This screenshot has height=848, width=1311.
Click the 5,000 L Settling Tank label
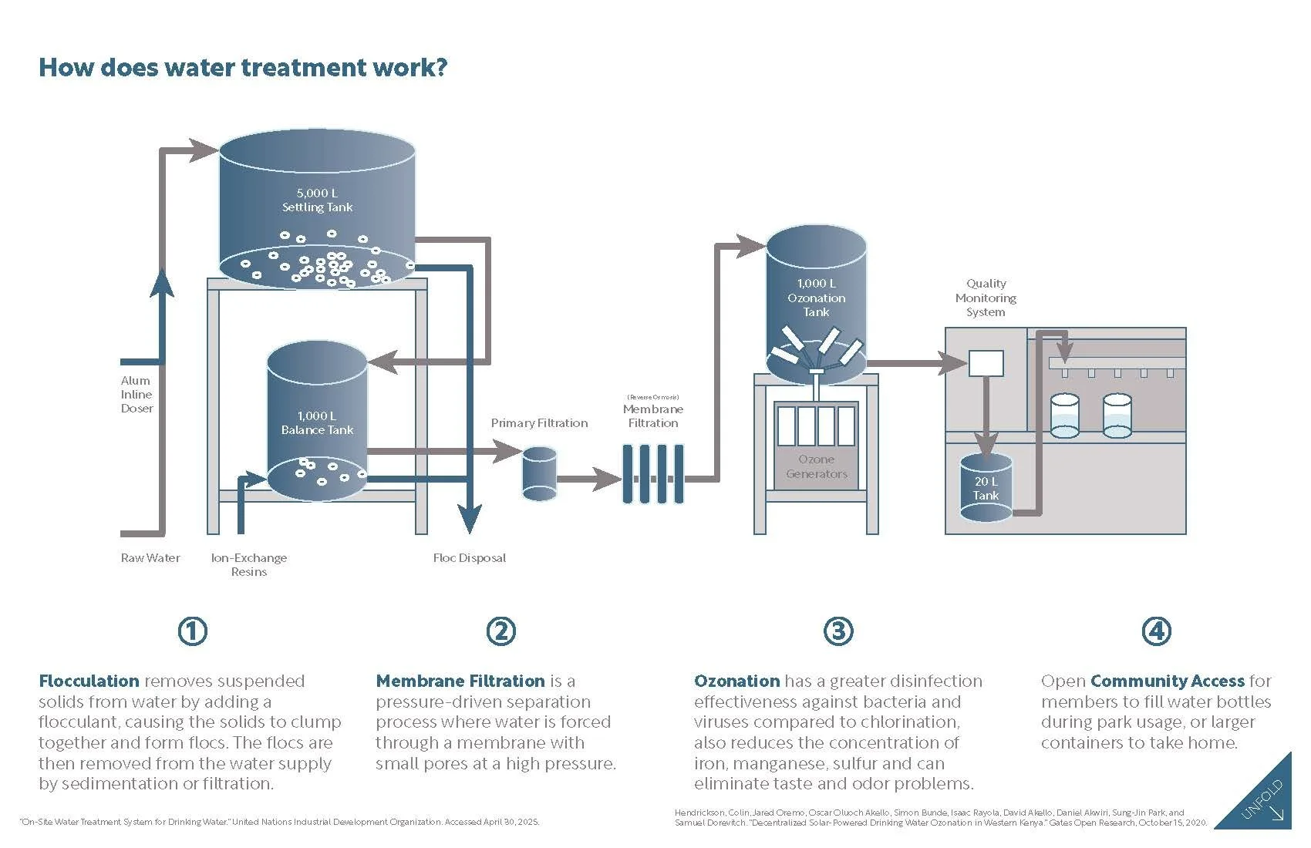click(x=317, y=200)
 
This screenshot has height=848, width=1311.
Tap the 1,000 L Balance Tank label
click(x=317, y=422)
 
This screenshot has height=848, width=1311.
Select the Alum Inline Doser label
click(x=137, y=395)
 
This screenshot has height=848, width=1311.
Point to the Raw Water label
click(x=150, y=557)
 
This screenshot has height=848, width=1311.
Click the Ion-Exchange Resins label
click(x=249, y=565)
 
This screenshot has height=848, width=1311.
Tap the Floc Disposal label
click(x=470, y=557)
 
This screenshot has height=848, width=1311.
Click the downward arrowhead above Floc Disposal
click(x=470, y=518)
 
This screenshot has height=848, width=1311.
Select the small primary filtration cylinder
click(x=539, y=474)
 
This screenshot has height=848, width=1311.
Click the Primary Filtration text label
click(x=539, y=422)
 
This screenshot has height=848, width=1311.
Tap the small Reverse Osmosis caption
click(x=653, y=397)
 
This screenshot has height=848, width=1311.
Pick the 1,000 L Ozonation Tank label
click(x=817, y=298)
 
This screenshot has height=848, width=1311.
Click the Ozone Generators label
click(x=817, y=466)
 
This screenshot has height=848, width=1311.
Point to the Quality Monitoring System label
click(x=986, y=298)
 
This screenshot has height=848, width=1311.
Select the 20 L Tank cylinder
click(x=986, y=487)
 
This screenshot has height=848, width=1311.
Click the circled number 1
click(x=193, y=631)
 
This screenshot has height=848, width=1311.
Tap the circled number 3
click(x=838, y=631)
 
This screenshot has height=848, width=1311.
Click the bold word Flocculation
click(x=89, y=681)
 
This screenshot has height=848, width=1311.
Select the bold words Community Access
click(x=1168, y=681)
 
